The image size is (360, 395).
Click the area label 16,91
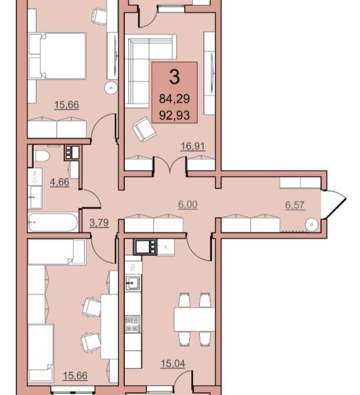pyautogui.click(x=193, y=146)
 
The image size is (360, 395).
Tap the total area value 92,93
pyautogui.click(x=174, y=116)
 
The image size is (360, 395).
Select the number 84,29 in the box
pyautogui.click(x=174, y=98)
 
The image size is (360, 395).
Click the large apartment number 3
pyautogui.click(x=174, y=77)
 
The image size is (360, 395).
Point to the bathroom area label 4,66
pyautogui.click(x=60, y=182)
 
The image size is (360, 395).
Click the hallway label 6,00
pyautogui.click(x=188, y=205)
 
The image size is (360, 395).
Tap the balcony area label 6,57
pyautogui.click(x=295, y=205)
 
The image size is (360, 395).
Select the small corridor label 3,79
pyautogui.click(x=99, y=222)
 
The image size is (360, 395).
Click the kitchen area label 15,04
pyautogui.click(x=173, y=363)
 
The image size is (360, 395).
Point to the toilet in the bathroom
pyautogui.click(x=41, y=156)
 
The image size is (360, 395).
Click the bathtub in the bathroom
pyautogui.click(x=53, y=222)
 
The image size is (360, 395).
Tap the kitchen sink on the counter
pyautogui.click(x=133, y=283)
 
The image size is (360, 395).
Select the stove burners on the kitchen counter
pyautogui.click(x=133, y=324)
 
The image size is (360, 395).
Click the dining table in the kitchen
pyautogui.click(x=194, y=320)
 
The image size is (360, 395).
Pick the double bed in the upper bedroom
pyautogui.click(x=57, y=56)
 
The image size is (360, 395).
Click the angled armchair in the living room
pyautogui.click(x=144, y=129)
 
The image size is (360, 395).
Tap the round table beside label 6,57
pyautogui.click(x=312, y=225)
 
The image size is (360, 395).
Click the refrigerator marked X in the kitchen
pyautogui.click(x=166, y=247)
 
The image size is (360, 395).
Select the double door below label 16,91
pyautogui.click(x=170, y=164)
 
